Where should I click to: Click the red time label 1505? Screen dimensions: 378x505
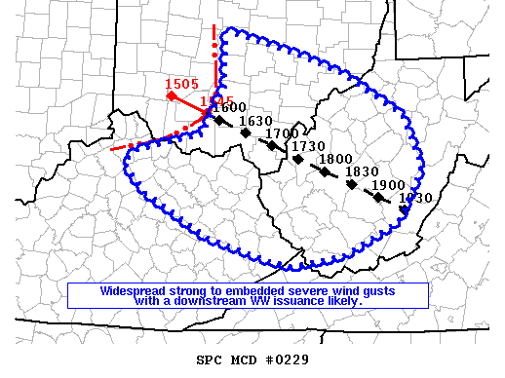pos(181,84)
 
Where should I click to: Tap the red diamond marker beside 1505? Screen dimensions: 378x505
pos(171,95)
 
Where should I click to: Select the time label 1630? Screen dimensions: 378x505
pos(255,122)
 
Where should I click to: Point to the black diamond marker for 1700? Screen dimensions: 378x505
pos(272,146)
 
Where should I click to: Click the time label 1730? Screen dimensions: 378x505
pos(308,146)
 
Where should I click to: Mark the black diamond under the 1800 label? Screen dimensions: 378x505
pos(325,170)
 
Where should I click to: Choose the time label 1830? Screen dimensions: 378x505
pos(362,171)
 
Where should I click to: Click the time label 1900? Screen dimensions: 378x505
pos(387,185)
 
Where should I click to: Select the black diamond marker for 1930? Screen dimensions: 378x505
pos(405,208)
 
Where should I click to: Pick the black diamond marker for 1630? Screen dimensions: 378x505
pos(246,132)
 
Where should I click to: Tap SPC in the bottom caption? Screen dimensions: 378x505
pos(210,359)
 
